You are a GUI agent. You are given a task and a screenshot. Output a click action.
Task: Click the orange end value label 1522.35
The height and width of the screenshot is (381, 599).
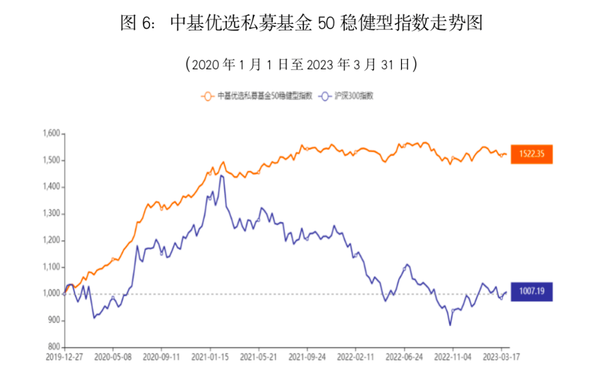coord(532,154)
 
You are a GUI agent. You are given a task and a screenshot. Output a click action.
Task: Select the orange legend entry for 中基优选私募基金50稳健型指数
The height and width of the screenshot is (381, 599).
coord(257,96)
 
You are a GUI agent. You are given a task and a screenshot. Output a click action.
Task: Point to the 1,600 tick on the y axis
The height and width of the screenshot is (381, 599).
coord(50,134)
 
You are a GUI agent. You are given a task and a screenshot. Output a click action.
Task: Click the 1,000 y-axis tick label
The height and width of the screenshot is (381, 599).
coord(50,294)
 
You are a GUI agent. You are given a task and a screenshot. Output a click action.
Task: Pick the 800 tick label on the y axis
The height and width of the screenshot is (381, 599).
coord(53,347)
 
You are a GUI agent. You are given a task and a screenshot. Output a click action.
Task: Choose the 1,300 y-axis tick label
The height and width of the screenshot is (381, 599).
coord(50,214)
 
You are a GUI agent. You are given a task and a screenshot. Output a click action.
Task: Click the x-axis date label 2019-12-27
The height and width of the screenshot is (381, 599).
coord(64,359)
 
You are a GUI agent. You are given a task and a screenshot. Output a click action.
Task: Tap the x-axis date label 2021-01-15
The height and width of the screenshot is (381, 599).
coord(210,359)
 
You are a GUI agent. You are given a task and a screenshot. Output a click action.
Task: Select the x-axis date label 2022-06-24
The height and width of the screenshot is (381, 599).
coord(404,359)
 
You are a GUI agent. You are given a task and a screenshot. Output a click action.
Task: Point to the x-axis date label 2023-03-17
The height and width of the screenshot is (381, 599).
coord(501,359)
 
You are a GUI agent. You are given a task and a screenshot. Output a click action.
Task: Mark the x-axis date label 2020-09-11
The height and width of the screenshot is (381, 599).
coord(161,359)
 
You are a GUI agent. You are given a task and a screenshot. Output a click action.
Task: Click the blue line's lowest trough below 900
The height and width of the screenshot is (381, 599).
coord(450,324)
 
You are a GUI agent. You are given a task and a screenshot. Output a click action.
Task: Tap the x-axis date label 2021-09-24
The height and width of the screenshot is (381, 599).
coord(307,359)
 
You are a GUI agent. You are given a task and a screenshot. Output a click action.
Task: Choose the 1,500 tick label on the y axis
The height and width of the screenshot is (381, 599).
coord(50,161)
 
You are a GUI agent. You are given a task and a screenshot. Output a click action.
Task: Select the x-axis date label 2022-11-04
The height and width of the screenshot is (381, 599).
coord(453,359)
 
